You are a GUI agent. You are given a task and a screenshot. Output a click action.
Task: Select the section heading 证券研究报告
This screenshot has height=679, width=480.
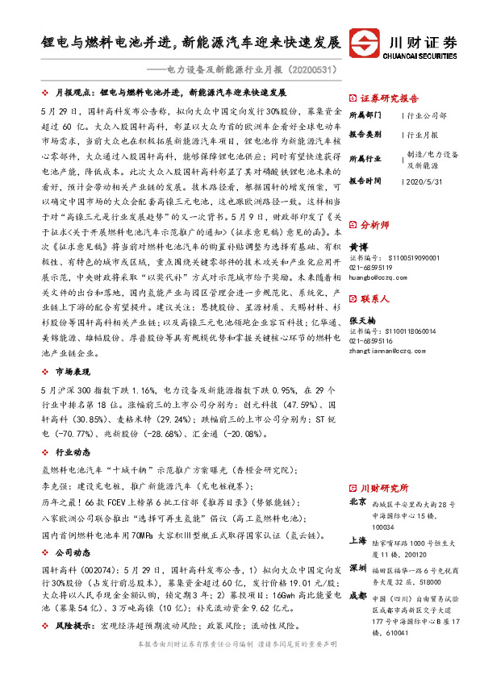tap(386, 94)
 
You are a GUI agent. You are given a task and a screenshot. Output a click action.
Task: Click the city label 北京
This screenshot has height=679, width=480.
tap(357, 502)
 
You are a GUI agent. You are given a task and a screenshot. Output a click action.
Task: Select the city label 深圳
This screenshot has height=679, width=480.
tap(357, 568)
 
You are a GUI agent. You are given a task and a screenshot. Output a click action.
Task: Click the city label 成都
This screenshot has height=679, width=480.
tap(357, 597)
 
